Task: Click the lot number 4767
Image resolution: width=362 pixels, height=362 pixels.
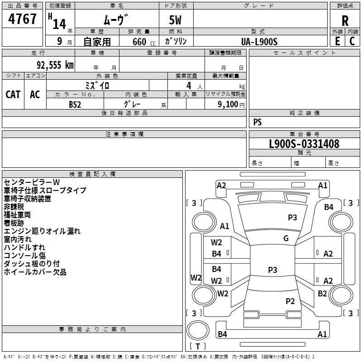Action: coord(23,19)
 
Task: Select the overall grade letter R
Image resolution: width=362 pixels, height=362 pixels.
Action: coord(345,21)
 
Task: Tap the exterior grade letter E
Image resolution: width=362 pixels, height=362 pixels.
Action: coord(337,41)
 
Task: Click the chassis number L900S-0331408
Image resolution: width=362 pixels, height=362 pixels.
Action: coord(304,144)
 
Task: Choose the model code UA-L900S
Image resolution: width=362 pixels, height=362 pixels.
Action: coord(259,41)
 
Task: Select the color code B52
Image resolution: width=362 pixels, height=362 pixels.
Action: coord(75,104)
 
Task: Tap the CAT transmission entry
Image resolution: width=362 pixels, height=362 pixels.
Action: coord(13,94)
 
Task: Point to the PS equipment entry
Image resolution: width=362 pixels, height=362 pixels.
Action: coord(257,122)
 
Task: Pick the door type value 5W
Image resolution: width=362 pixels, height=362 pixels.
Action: coord(176,21)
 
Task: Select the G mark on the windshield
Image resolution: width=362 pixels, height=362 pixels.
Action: coord(286,238)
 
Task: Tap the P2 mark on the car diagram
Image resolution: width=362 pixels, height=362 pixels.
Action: coord(290,301)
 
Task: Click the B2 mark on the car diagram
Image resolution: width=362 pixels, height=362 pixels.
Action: coord(322,293)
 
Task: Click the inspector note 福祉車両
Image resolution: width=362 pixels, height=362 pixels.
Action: coord(17,215)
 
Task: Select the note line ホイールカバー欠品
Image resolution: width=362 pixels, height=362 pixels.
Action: coord(35,271)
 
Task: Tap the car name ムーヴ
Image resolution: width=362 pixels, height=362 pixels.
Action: coord(116,20)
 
